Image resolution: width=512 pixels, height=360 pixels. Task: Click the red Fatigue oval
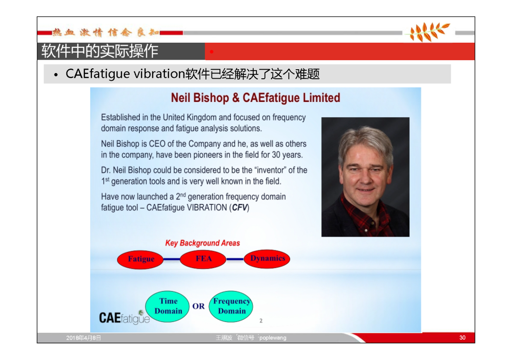[140, 260]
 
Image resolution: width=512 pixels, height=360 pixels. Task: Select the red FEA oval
[203, 259]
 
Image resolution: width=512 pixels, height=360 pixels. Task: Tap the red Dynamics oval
[267, 259]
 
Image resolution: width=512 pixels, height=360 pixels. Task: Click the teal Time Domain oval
[167, 306]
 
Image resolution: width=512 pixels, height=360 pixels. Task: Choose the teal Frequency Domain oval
[231, 306]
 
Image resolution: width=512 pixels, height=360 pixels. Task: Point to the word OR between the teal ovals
[199, 306]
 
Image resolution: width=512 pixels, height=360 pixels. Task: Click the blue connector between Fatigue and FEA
[172, 259]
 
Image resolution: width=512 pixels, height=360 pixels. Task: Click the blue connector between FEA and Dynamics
[235, 259]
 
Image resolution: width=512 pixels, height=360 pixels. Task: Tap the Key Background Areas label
[202, 243]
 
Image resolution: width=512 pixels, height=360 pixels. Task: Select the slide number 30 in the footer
[462, 338]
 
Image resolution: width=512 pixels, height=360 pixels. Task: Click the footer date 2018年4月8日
[83, 338]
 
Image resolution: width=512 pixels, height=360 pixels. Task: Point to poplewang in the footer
[273, 338]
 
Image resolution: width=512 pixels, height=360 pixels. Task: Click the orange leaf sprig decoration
[427, 32]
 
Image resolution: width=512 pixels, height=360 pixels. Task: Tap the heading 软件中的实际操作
[100, 51]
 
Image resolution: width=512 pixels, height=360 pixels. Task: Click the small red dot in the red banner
[211, 52]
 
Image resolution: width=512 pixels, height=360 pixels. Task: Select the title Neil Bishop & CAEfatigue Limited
[256, 98]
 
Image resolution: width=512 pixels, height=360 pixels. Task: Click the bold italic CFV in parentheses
[239, 208]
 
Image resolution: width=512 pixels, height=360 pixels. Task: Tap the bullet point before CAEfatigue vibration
[56, 75]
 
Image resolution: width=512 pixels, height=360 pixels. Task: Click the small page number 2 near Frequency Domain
[261, 321]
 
